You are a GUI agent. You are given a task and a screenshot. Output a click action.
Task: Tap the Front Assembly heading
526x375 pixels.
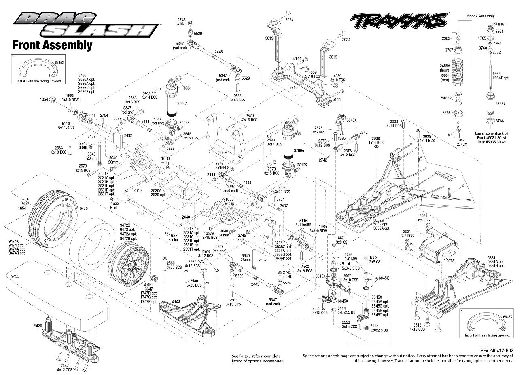(x=52, y=45)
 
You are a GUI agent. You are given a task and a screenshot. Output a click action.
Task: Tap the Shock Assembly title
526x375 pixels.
(x=481, y=16)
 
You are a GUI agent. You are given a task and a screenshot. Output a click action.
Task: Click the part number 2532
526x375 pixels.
(x=140, y=213)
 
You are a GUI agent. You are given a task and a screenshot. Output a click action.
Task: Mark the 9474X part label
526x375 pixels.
(x=14, y=241)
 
